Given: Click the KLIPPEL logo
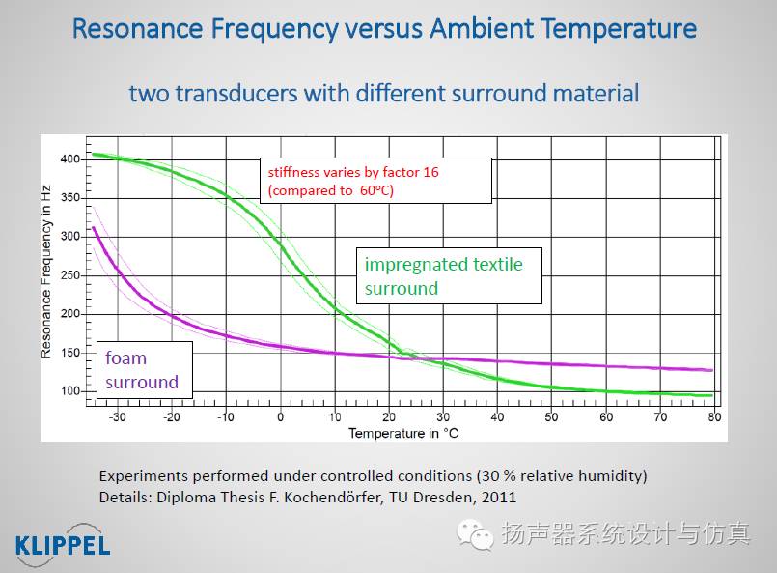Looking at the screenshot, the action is tap(63, 545).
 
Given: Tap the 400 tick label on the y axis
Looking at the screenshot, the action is tap(69, 159).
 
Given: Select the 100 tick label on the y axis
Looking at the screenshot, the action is tap(69, 391).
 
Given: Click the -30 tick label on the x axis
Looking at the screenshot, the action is tap(117, 417).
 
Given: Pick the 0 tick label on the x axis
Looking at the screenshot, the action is tap(281, 417).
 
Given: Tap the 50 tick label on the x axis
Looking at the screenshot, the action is tap(551, 417).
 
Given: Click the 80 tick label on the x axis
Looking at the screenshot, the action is tap(714, 417).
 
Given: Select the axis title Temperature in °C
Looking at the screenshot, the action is tap(403, 433).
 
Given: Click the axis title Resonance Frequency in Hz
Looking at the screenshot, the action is tap(45, 272).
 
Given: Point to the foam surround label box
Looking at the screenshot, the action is tap(144, 369).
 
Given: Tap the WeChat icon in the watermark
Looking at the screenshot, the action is tap(475, 534).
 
